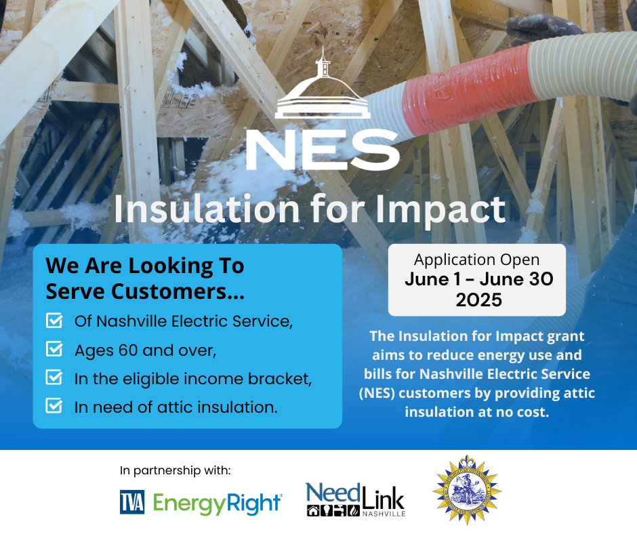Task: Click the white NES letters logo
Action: (x=323, y=150)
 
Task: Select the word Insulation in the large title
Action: (x=207, y=209)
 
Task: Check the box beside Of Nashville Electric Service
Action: (x=54, y=321)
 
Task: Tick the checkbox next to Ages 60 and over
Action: (x=54, y=349)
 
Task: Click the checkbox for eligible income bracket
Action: (x=54, y=377)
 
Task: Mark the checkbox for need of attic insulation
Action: (x=54, y=405)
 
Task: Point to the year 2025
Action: (x=478, y=300)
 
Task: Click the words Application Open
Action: (x=477, y=260)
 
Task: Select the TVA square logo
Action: (x=132, y=502)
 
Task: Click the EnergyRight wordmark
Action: (x=218, y=503)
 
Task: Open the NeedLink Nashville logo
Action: (x=356, y=499)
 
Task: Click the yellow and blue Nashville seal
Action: (x=467, y=490)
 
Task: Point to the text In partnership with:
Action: (x=175, y=470)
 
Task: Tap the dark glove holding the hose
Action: (x=543, y=29)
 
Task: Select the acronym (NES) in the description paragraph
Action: (x=377, y=394)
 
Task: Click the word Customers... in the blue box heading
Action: (x=178, y=291)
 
